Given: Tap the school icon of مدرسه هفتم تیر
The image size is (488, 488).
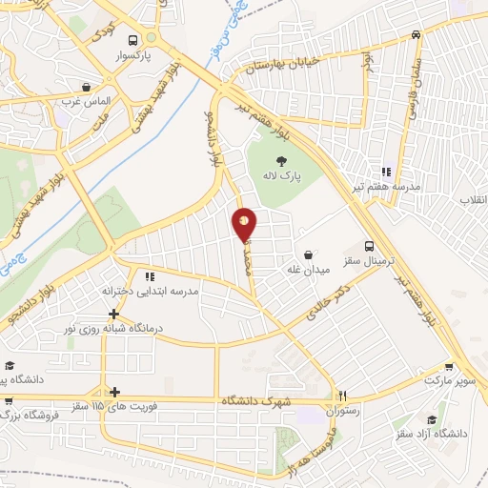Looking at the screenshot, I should coord(385,172).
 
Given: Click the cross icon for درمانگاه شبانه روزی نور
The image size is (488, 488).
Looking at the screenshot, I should coord(113,313).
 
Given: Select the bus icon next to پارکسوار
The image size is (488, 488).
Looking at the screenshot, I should coord(132,40).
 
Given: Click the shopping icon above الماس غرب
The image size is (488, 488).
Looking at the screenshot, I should coord(88,85).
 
